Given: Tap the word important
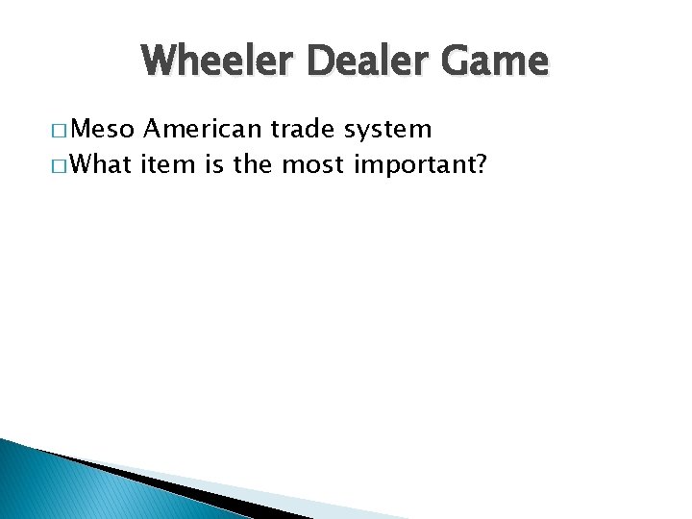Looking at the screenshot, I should pos(413,165).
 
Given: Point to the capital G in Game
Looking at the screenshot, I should pos(459,62).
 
